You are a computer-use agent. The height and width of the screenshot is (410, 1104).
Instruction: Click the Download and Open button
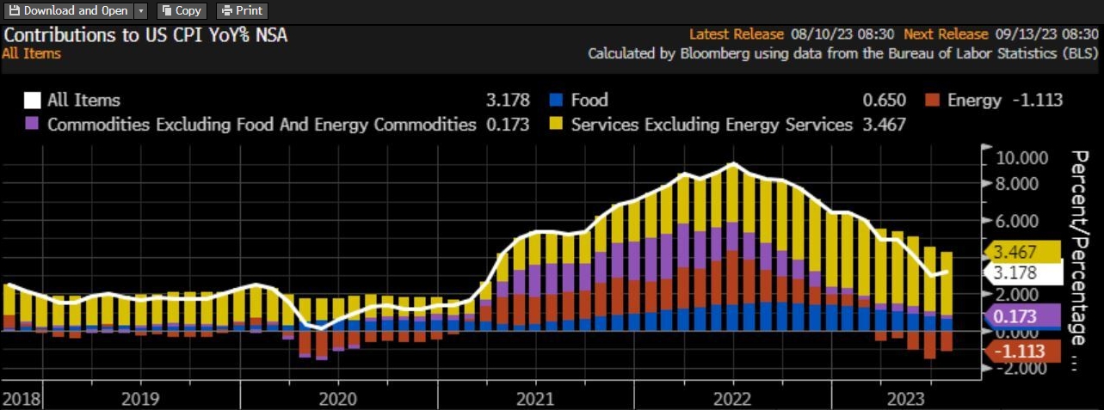[x=69, y=11]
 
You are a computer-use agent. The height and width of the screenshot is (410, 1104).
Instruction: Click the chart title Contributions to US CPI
[x=146, y=35]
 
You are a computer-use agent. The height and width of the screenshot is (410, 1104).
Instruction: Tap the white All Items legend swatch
[x=33, y=101]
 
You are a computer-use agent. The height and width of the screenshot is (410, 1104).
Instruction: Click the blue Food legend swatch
[x=556, y=101]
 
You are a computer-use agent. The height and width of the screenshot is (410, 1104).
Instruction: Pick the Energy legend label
[x=974, y=101]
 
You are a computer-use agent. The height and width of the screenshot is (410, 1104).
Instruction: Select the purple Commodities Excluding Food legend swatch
[x=33, y=125]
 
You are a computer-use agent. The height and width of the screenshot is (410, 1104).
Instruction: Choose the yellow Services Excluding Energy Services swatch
[x=556, y=125]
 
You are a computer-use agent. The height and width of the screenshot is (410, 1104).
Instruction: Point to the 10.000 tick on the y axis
[x=1022, y=158]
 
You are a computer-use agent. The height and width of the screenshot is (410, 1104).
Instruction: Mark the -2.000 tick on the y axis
[x=1022, y=369]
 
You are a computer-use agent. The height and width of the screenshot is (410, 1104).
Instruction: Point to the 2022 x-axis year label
[x=733, y=400]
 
